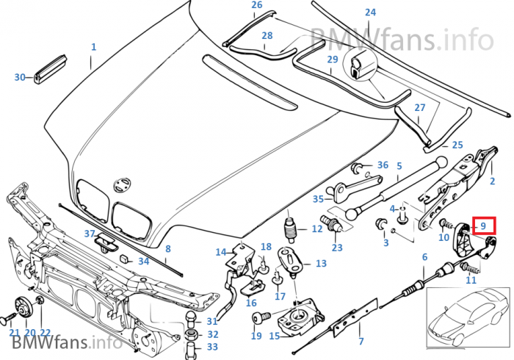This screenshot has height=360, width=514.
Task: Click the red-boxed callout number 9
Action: tap(484, 226)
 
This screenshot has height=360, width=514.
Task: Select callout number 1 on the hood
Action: tap(93, 47)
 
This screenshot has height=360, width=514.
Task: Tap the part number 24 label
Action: tap(370, 12)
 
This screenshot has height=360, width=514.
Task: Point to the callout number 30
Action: tap(20, 76)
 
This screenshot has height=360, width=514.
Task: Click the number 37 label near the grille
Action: tap(90, 234)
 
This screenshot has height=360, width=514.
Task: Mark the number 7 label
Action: tap(361, 341)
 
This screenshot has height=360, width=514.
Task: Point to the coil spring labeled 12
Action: tap(291, 228)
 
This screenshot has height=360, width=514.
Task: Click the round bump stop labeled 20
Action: tap(22, 306)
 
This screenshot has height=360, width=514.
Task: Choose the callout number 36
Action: tap(383, 165)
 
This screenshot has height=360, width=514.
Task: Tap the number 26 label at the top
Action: tap(256, 5)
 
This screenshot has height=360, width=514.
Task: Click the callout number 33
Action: tap(212, 347)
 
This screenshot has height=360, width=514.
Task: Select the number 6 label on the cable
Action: tap(424, 256)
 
